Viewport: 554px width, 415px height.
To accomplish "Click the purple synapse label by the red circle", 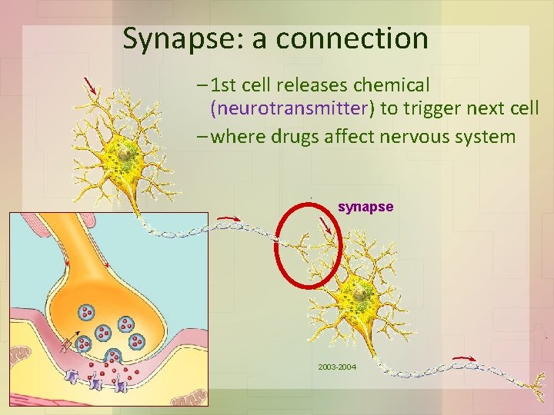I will click(365, 207).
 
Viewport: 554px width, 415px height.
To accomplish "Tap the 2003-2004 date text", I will click(337, 367).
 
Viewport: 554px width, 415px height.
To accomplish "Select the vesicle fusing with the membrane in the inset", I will click(114, 356).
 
